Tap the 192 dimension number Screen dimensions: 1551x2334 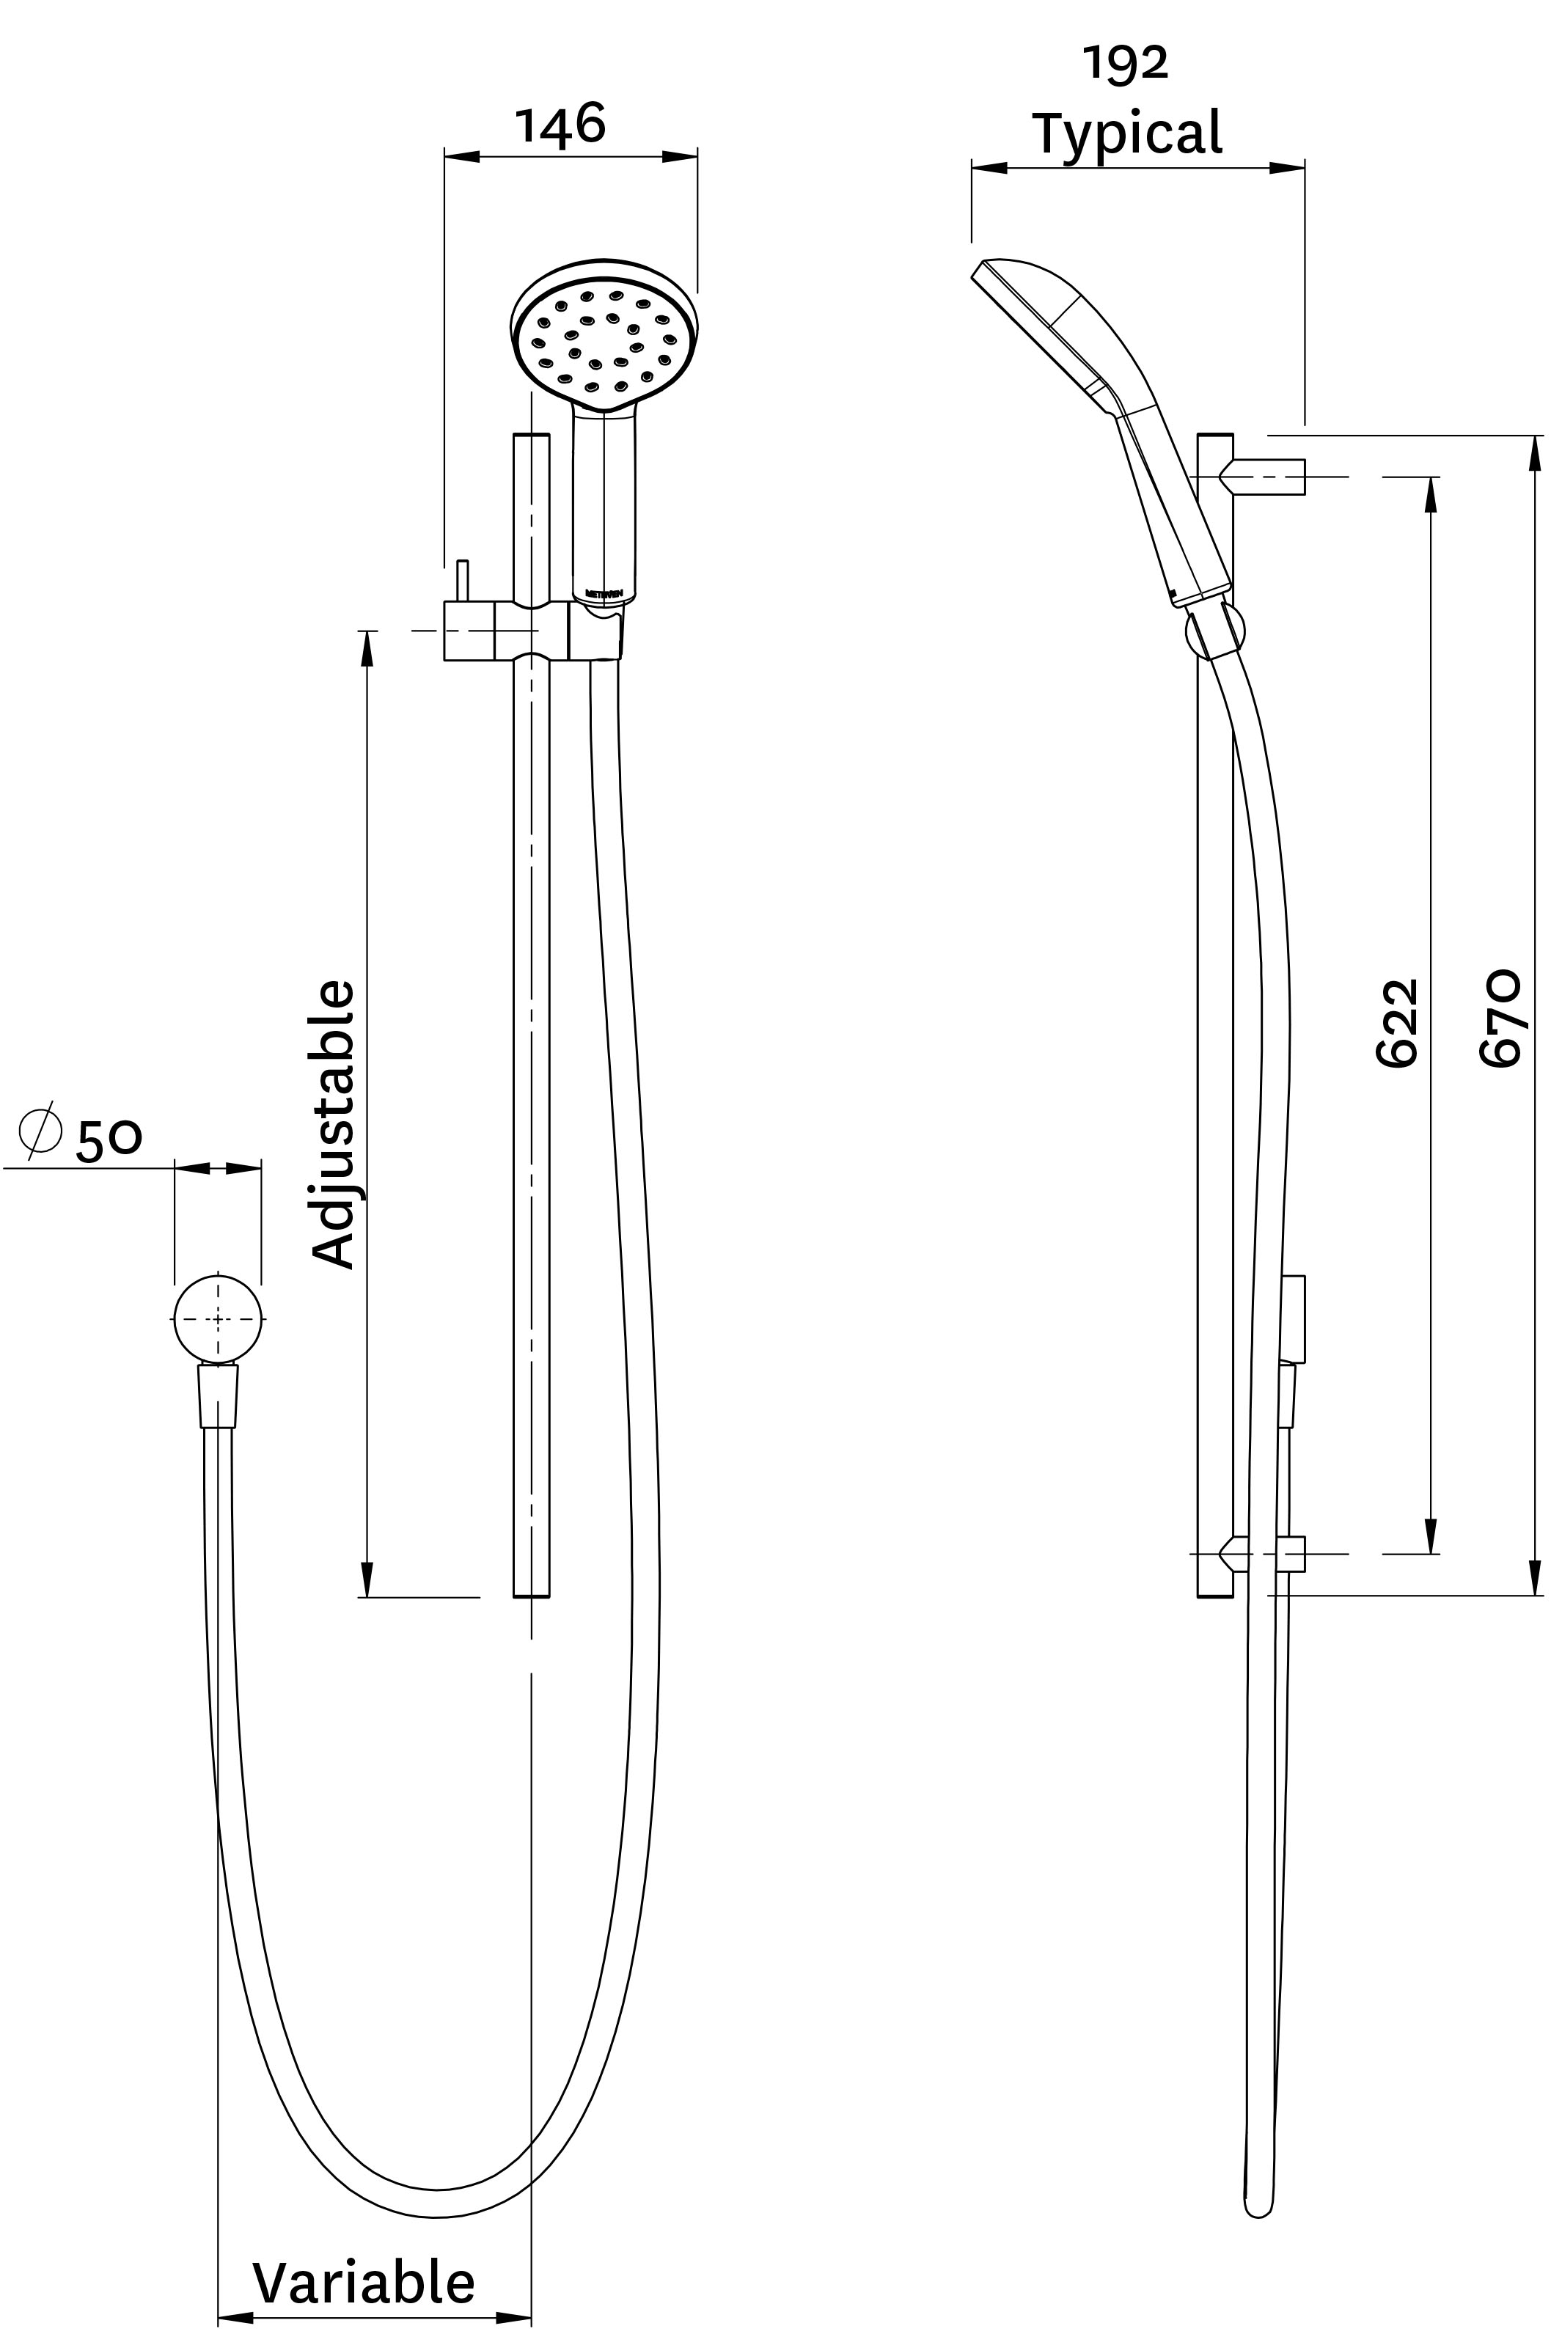coord(1126,63)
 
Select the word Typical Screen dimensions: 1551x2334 coord(1126,133)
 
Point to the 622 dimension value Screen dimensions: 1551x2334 coord(1398,1023)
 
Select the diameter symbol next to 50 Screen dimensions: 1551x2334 coord(40,1129)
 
